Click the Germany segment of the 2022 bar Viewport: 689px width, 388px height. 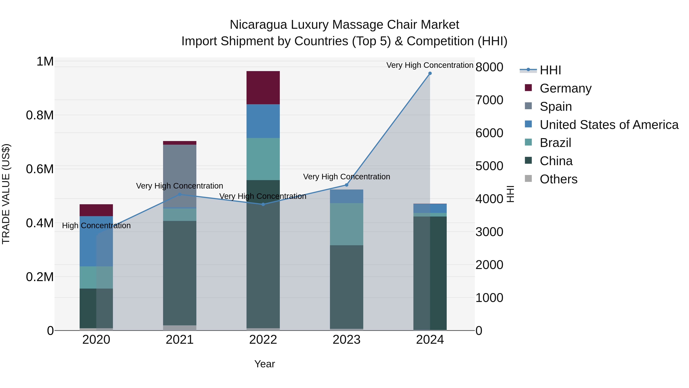[263, 88]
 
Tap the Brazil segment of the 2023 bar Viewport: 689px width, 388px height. [346, 224]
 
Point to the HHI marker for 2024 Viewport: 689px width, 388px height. [430, 73]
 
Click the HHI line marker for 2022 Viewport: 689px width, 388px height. [263, 204]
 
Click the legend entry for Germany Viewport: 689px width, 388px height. [565, 88]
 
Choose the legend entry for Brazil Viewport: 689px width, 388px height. [555, 143]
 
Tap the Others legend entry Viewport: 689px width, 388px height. [558, 179]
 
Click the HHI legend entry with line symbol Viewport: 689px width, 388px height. [550, 70]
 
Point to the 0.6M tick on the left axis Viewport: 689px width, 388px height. [40, 169]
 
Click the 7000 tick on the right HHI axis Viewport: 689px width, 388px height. [489, 100]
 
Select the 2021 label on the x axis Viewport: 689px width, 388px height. [180, 340]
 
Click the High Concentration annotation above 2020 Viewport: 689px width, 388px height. [96, 226]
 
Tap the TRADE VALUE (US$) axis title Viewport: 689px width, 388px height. [6, 194]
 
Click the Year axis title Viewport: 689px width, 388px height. [264, 364]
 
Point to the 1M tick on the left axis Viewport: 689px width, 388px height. [45, 62]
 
